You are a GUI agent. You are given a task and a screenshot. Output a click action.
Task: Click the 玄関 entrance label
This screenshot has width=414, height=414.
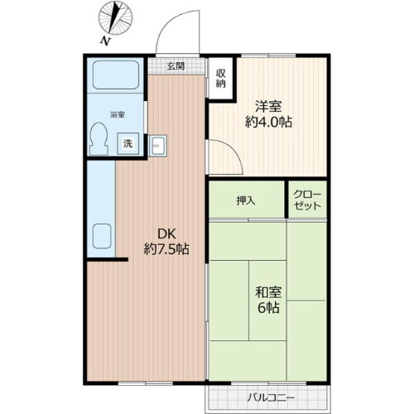(x=175, y=66)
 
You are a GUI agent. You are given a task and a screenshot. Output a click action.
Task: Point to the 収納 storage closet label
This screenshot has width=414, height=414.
(x=221, y=78)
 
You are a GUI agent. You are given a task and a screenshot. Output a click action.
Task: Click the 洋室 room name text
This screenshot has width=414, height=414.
(x=270, y=107)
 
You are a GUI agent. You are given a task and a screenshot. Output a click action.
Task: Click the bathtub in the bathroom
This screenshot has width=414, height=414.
(x=116, y=77)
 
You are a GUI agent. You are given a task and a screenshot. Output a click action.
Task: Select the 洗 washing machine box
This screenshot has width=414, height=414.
(x=128, y=143)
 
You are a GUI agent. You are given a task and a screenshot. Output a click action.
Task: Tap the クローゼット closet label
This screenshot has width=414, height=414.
(x=308, y=200)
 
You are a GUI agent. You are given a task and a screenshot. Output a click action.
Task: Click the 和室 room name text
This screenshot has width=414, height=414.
(x=269, y=291)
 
